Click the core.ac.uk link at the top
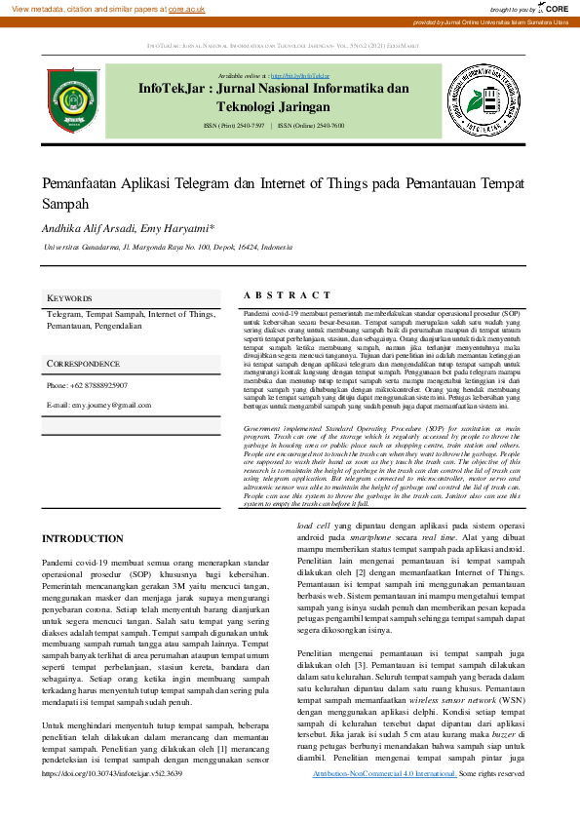pyautogui.click(x=186, y=9)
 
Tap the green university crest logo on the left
pyautogui.click(x=74, y=98)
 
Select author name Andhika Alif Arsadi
pyautogui.click(x=91, y=228)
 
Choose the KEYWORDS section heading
pyautogui.click(x=70, y=298)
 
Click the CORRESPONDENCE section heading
pyautogui.click(x=84, y=364)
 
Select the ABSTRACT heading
pyautogui.click(x=287, y=294)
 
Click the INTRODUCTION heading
pyautogui.click(x=83, y=539)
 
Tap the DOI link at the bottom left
pyautogui.click(x=112, y=773)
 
